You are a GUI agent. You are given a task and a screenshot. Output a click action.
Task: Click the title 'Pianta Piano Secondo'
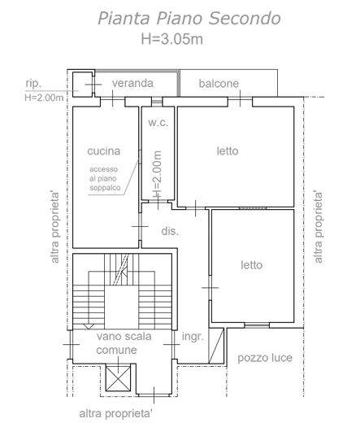[189, 19]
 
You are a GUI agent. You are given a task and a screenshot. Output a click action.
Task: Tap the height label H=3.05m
[172, 39]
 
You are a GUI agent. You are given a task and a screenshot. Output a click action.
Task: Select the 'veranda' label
[132, 83]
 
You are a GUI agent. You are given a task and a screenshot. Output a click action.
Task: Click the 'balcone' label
[219, 84]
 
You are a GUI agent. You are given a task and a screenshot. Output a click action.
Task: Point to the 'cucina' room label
[104, 151]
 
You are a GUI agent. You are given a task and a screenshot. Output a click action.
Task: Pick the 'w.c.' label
[158, 123]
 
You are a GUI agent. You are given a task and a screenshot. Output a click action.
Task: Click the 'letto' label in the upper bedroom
[228, 151]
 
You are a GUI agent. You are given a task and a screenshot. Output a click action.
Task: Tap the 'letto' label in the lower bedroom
[252, 265]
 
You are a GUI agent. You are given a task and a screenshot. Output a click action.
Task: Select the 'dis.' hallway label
[170, 231]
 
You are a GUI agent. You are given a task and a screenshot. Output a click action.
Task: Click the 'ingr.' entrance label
[193, 337]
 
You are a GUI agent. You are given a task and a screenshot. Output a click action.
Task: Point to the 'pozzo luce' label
[265, 358]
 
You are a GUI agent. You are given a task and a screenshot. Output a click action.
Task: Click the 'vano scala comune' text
[124, 343]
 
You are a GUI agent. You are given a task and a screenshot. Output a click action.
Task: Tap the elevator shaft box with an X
[119, 379]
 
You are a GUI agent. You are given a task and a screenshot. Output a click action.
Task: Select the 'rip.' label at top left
[33, 84]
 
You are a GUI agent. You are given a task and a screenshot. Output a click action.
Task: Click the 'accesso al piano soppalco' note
[105, 178]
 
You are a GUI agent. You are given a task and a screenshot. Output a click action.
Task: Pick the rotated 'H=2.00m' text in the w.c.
[157, 174]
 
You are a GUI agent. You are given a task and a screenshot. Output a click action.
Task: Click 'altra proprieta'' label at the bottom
[116, 414]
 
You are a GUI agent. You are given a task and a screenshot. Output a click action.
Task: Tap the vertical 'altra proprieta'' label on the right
[319, 227]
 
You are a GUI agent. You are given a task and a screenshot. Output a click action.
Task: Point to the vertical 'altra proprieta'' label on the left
[55, 227]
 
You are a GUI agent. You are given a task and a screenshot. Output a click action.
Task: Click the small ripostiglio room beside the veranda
[82, 85]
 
